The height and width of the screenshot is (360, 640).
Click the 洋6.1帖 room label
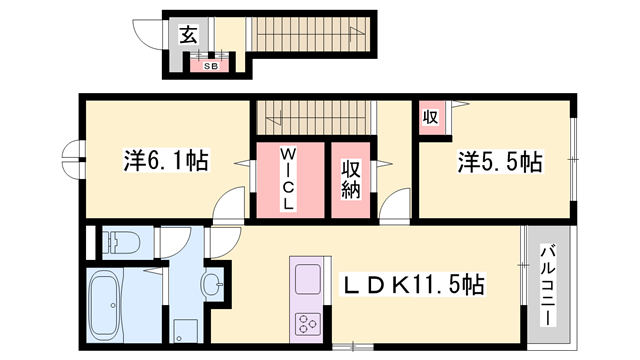point(166,160)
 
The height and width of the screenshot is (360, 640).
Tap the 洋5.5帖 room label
point(500,160)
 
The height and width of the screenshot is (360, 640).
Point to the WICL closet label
point(288,180)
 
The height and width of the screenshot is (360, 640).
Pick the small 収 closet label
point(430,116)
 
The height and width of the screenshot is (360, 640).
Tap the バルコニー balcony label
point(550,285)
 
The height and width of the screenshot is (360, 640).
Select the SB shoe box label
point(211,66)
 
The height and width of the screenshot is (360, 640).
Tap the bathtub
point(105,306)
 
